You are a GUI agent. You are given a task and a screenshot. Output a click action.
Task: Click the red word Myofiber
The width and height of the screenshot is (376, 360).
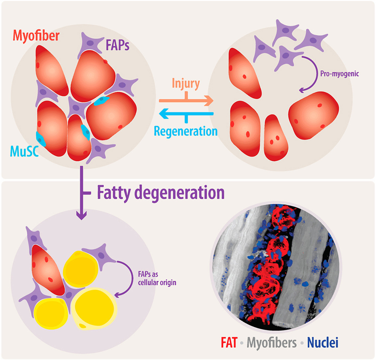coord(37,35)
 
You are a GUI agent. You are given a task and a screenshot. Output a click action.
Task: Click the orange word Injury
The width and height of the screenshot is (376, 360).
coord(186,83)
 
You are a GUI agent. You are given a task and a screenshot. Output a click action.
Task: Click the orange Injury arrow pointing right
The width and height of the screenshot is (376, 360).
coord(186,100)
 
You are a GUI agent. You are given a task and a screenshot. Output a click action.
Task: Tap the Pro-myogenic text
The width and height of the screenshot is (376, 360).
coord(340,74)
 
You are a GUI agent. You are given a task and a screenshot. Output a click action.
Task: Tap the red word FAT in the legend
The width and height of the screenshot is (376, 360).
coord(229,343)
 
